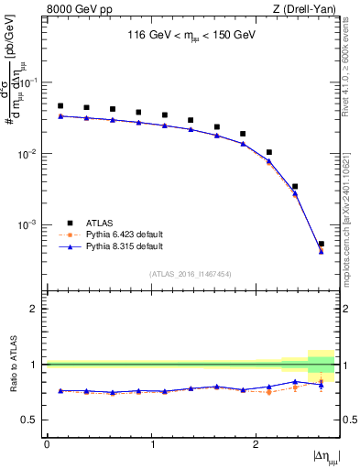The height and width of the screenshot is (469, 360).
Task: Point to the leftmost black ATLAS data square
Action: pos(60,106)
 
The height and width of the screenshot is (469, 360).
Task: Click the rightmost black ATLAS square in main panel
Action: pos(321,244)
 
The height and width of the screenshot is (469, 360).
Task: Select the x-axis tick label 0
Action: pos(47,442)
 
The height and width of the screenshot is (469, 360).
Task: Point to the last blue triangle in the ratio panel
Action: pos(321,385)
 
